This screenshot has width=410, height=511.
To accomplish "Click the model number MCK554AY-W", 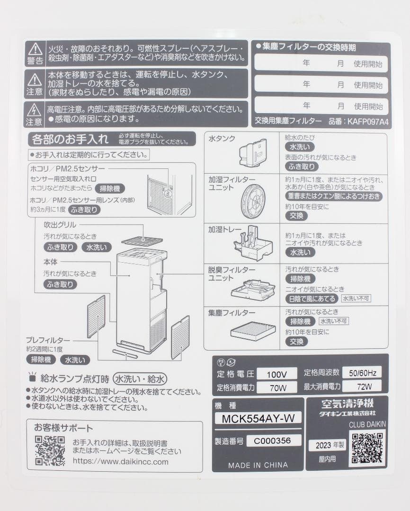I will coord(258,418).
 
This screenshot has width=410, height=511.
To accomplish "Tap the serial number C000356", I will coord(274,441).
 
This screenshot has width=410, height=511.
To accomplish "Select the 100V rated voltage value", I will coord(277,374).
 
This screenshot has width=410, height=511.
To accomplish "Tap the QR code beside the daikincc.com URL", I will coord(50,450).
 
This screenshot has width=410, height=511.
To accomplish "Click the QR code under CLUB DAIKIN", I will coord(367,448).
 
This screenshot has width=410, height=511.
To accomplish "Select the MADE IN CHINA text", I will coord(258,465).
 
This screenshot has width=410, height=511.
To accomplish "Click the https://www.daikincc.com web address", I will coord(120,461).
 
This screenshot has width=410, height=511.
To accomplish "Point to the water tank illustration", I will coord(254,153).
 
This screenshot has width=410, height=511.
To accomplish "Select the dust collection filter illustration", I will coord(253,331).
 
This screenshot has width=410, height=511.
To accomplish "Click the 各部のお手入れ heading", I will coord(69,140).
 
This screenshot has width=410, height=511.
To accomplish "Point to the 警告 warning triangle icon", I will coord(35,49).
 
